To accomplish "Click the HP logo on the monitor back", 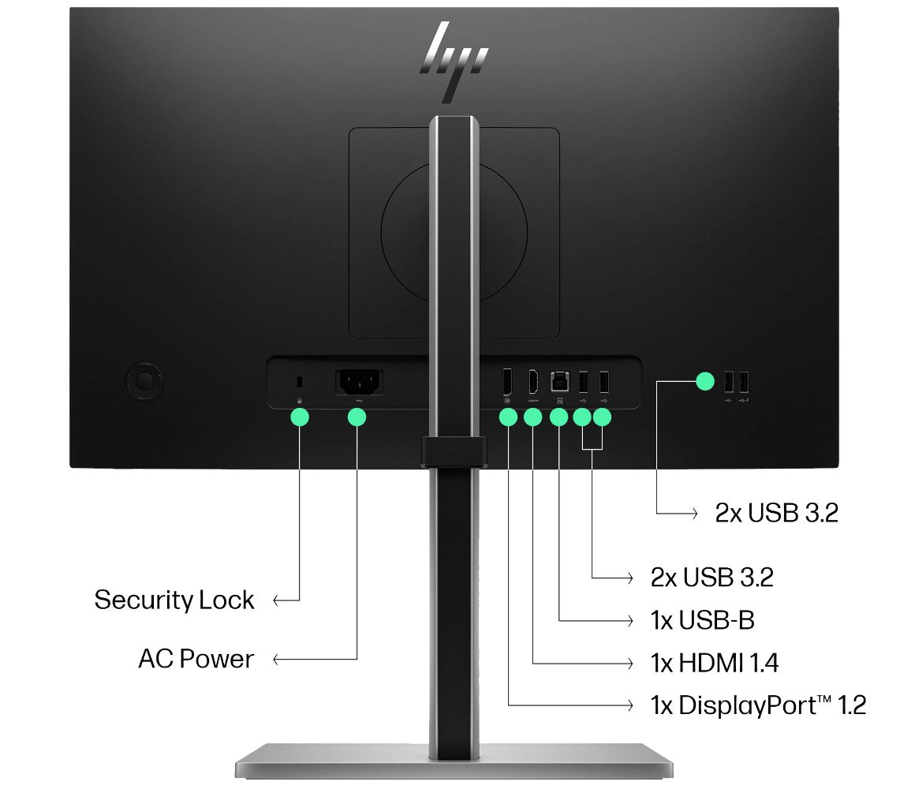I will click(454, 61).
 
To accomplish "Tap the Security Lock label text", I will click(174, 600).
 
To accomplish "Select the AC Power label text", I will click(196, 659).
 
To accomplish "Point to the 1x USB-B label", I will click(702, 620).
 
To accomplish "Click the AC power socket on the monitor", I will click(359, 383).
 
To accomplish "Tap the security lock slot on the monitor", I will click(299, 383).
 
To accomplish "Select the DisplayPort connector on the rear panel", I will click(507, 383).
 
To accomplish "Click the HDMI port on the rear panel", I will click(533, 383).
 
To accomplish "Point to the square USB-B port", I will click(558, 382).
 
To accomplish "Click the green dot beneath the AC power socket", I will click(357, 417).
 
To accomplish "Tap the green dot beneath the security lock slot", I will click(299, 417).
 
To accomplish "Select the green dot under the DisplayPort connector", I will click(508, 417).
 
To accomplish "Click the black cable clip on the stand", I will click(454, 451).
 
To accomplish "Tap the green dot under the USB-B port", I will click(558, 417).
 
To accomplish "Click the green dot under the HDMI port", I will click(533, 417).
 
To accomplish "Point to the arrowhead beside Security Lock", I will click(277, 601).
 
